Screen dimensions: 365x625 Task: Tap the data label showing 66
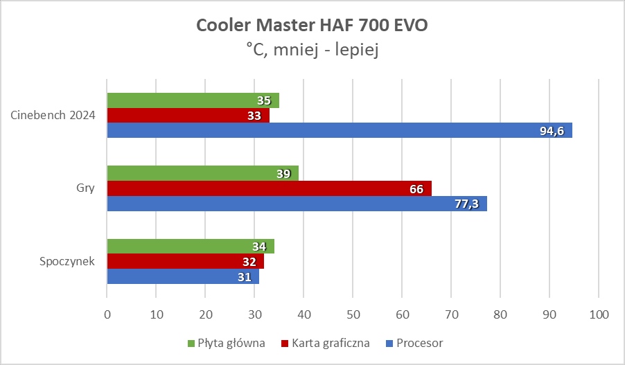click(416, 188)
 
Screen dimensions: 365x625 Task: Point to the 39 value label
click(283, 174)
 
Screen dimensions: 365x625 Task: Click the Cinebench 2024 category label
click(53, 115)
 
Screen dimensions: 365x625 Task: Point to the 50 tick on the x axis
click(353, 314)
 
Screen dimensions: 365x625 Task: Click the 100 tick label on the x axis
click(599, 314)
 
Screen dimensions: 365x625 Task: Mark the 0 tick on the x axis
click(107, 314)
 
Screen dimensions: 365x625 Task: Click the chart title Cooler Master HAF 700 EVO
click(312, 26)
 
